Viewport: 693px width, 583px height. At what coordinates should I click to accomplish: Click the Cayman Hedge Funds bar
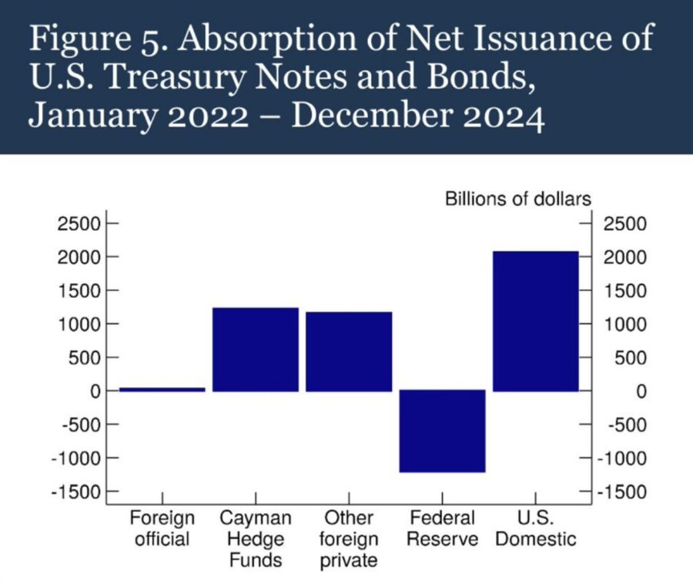click(256, 350)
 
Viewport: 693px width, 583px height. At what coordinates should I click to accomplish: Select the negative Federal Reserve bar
click(442, 431)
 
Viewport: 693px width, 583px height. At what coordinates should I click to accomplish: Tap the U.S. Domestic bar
click(536, 321)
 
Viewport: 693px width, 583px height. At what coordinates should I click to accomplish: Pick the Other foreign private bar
click(349, 352)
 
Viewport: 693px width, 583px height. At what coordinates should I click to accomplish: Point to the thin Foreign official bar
click(162, 390)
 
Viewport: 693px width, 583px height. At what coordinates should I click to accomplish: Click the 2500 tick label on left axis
click(79, 223)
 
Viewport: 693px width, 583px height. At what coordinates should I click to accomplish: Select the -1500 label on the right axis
click(622, 491)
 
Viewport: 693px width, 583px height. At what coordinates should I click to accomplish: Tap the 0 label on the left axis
click(95, 391)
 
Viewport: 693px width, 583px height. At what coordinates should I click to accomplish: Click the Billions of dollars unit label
click(518, 199)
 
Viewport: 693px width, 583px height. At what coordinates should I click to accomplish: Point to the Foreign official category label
click(162, 528)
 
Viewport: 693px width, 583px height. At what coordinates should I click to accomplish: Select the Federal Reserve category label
click(442, 528)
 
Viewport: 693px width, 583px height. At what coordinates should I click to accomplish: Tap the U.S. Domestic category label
click(536, 528)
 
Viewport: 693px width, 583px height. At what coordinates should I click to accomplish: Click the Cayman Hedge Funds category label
click(256, 539)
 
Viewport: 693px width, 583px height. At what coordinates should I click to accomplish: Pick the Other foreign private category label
click(349, 539)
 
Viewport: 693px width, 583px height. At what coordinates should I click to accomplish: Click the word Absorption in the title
click(269, 39)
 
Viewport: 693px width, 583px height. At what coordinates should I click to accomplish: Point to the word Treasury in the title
click(176, 77)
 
